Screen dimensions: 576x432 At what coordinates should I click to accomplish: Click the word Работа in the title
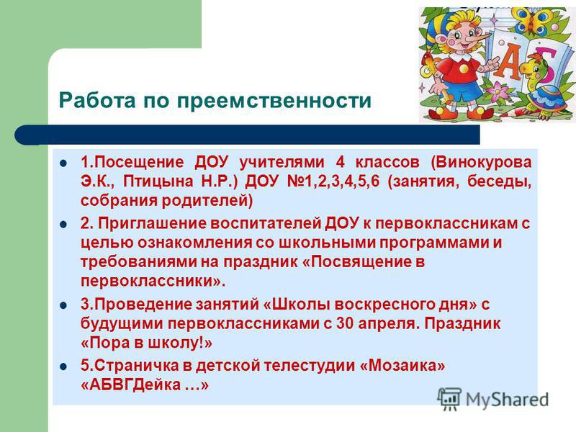click(x=97, y=100)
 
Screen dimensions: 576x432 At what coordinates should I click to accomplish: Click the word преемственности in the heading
click(x=274, y=100)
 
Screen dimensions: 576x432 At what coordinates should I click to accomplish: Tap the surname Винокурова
click(x=481, y=163)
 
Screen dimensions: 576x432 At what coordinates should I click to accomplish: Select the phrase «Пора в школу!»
click(x=147, y=343)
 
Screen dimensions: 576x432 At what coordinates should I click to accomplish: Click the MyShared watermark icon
click(x=449, y=399)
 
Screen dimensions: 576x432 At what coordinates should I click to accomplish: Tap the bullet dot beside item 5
click(x=64, y=366)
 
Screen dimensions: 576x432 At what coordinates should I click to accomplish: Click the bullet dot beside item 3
click(x=64, y=305)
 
